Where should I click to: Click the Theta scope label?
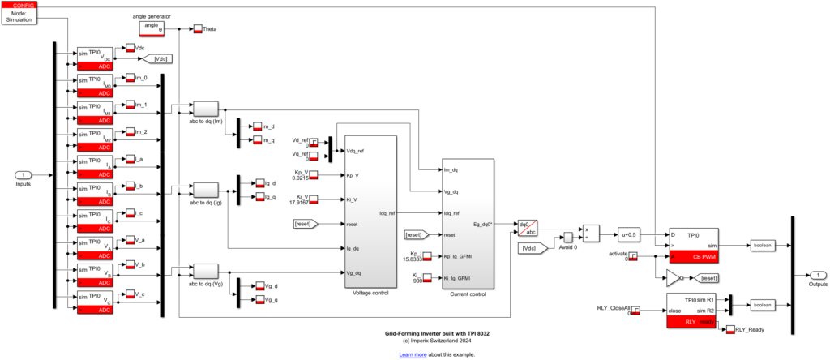[x=209, y=29]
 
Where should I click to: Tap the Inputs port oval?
[x=24, y=175]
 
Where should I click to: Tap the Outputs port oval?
[x=819, y=275]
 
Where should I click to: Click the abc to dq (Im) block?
[x=205, y=109]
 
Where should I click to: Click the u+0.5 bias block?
[x=629, y=234]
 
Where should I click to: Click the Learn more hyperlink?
[x=413, y=354]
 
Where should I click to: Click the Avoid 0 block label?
[x=567, y=247]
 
